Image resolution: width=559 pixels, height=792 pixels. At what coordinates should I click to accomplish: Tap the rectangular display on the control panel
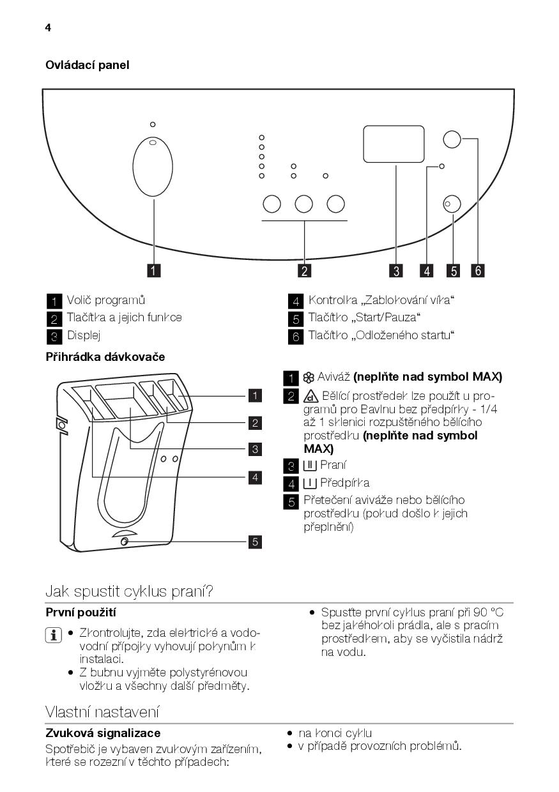pos(394,144)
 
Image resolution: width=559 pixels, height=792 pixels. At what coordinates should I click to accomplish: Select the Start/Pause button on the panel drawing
pos(452,204)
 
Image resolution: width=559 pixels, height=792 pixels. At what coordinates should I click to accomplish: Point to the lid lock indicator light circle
pos(441,167)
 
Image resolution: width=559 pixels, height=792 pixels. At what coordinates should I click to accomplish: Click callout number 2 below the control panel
pos(304,271)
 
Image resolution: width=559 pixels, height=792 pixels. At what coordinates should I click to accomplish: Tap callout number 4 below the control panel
pos(426,271)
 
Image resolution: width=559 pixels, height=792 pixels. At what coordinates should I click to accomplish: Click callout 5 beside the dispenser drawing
pos(255,542)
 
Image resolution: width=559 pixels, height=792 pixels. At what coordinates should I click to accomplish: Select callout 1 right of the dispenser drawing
pos(255,396)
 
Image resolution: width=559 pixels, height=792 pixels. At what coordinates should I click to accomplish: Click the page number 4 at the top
pos(48,27)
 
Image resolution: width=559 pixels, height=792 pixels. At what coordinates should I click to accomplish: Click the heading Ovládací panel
pos(87,65)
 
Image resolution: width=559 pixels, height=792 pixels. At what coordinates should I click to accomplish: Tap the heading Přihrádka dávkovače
pos(105,357)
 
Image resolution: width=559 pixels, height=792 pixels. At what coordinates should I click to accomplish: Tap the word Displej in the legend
pos(84,335)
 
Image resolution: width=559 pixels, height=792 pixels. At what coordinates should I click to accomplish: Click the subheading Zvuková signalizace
pos(103,733)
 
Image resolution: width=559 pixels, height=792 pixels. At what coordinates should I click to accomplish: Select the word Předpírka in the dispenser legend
pos(345,483)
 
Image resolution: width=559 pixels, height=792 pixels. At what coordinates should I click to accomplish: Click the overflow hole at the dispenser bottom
pos(124,542)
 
